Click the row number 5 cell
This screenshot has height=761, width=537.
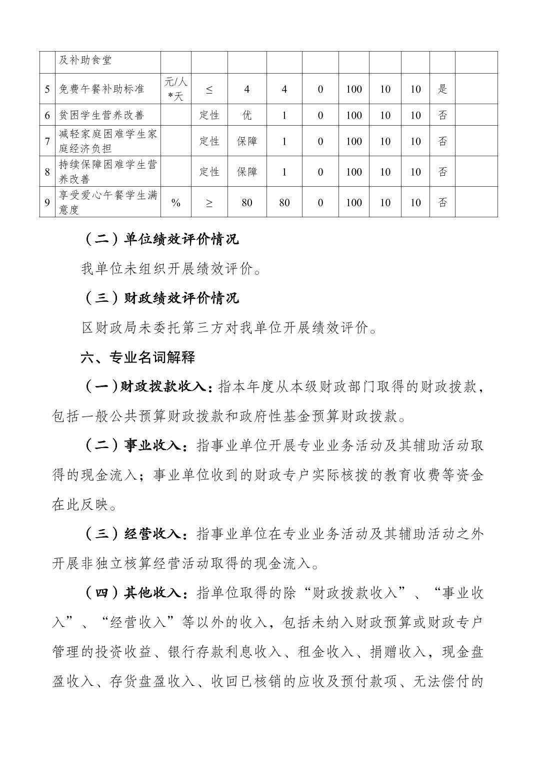pyautogui.click(x=47, y=89)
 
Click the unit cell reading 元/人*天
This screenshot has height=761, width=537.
pyautogui.click(x=176, y=89)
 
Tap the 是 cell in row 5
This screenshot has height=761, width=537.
pyautogui.click(x=442, y=89)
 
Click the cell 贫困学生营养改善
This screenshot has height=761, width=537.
pyautogui.click(x=101, y=115)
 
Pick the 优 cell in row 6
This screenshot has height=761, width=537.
pyautogui.click(x=247, y=115)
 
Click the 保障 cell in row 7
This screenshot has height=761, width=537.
pyautogui.click(x=247, y=141)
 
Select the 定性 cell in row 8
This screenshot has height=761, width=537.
pyautogui.click(x=209, y=172)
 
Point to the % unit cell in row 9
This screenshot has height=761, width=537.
pyautogui.click(x=176, y=202)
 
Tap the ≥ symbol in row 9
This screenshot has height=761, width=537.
pyautogui.click(x=209, y=202)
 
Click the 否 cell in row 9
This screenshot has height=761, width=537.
pyautogui.click(x=442, y=202)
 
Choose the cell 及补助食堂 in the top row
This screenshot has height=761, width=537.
pyautogui.click(x=85, y=61)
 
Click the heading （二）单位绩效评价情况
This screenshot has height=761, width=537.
pyautogui.click(x=160, y=239)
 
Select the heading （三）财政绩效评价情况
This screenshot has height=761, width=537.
pyautogui.click(x=160, y=298)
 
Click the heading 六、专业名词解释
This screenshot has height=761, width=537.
pyautogui.click(x=138, y=357)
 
